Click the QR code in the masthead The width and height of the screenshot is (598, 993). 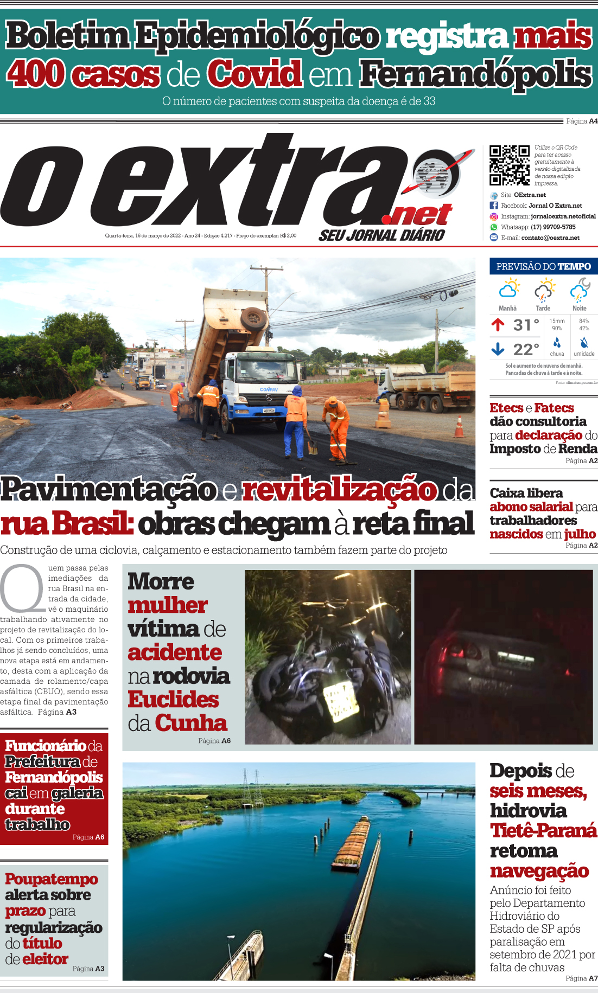(x=509, y=165)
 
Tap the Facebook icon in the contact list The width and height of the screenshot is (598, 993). (x=494, y=206)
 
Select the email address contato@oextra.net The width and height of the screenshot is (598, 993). (x=550, y=238)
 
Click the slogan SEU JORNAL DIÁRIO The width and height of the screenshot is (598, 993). (x=381, y=235)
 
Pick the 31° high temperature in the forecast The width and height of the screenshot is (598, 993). (x=526, y=325)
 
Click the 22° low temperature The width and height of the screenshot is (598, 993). (x=526, y=349)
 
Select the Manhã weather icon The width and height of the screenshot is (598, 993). (x=508, y=289)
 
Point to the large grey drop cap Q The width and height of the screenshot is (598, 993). (x=22, y=588)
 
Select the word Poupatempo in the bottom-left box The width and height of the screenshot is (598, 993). (x=52, y=879)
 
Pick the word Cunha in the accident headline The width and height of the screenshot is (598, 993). (x=191, y=723)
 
